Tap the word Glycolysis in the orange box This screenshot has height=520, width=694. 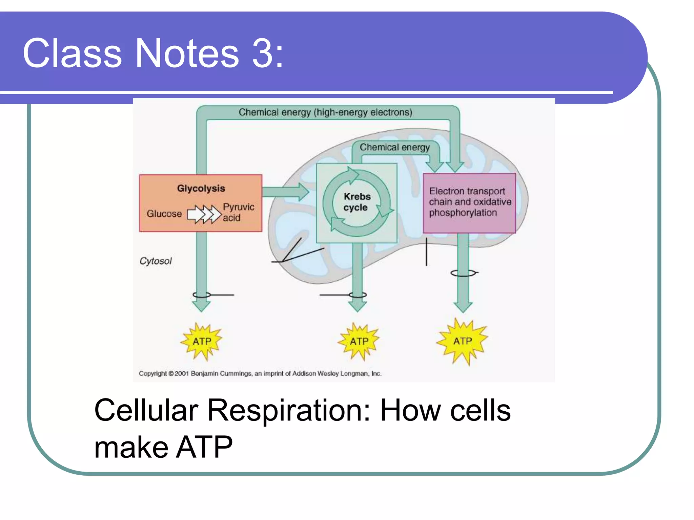pos(201,188)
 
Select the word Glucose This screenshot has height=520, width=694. pos(164,214)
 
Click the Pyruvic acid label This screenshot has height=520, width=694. pos(238,212)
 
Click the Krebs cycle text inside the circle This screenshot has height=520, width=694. pos(356,202)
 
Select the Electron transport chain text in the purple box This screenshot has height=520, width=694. pos(470,202)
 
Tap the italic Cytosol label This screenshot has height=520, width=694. pos(156,261)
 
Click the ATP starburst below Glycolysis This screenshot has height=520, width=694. pos(202,341)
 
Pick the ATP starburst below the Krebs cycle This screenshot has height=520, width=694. pos(359,341)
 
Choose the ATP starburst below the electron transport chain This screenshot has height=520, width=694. pos(463,341)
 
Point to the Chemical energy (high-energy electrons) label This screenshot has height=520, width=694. pos(325,112)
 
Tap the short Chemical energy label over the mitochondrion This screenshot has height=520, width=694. pos(394,147)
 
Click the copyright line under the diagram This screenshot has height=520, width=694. pos(260,373)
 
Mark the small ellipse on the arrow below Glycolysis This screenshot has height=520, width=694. pos(202,295)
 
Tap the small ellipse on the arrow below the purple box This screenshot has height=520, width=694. pos(463,273)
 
